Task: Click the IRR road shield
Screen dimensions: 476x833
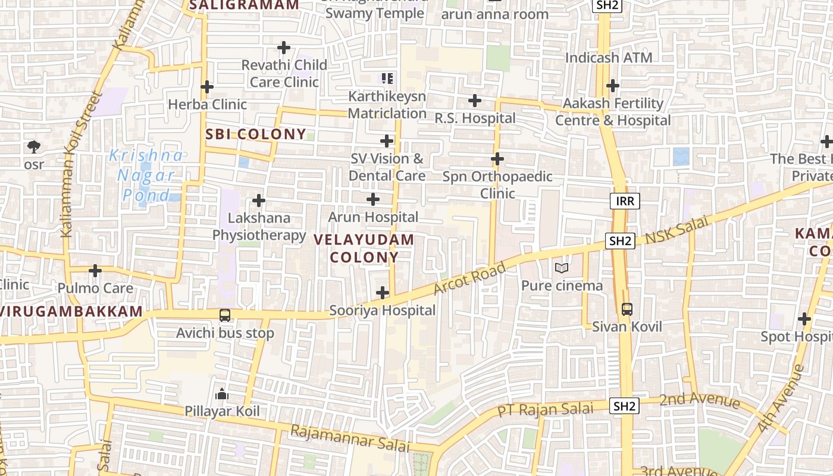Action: [625, 201]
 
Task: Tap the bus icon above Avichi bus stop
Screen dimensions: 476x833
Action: [225, 315]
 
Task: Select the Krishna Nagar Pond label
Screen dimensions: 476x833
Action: [146, 175]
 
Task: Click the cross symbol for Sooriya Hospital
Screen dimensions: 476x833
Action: [383, 293]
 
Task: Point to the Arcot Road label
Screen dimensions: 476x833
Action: [469, 278]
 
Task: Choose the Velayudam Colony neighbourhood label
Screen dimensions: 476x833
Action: [364, 249]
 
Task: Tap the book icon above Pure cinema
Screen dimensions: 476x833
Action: [562, 268]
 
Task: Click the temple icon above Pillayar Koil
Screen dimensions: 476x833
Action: [222, 393]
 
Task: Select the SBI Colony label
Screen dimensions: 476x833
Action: [256, 134]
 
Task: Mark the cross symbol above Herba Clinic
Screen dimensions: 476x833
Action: [207, 87]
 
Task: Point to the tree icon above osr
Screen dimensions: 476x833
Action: [34, 146]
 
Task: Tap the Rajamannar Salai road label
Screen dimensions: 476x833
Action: [350, 438]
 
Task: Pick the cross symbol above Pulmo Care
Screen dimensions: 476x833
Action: [95, 271]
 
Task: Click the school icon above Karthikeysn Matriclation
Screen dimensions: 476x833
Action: [387, 78]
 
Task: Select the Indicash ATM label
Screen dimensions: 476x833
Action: [609, 58]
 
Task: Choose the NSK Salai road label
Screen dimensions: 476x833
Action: [677, 229]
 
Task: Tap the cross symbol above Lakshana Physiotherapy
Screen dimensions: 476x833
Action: [259, 201]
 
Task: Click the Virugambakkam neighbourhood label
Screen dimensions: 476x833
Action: [71, 311]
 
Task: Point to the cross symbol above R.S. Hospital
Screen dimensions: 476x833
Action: [474, 101]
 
